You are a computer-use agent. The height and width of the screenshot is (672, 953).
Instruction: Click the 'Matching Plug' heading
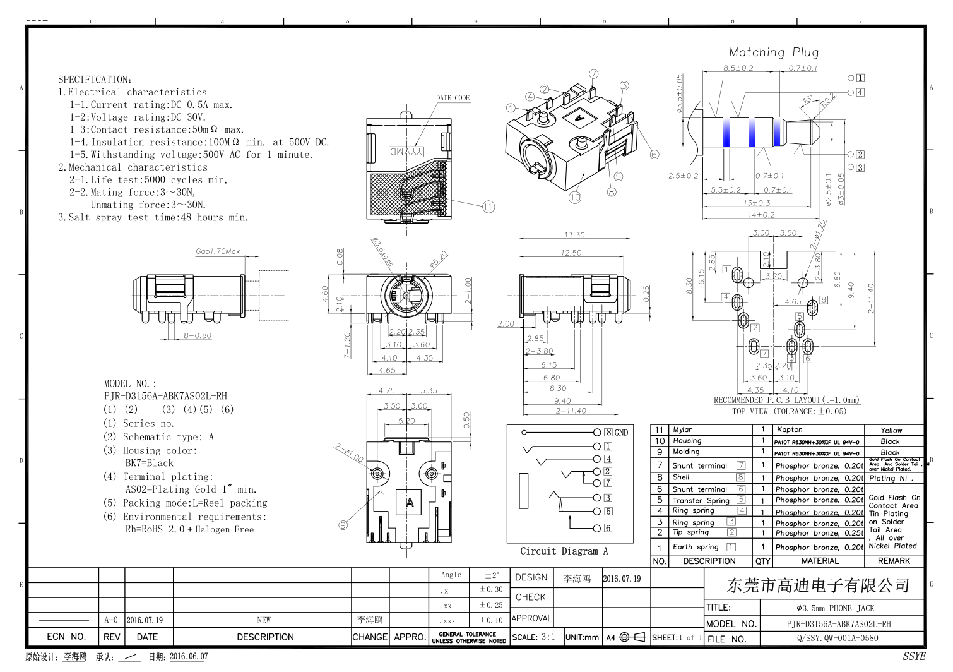773,52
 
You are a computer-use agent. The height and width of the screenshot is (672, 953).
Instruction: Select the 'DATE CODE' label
453,98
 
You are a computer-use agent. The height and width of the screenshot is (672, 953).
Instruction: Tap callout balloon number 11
488,207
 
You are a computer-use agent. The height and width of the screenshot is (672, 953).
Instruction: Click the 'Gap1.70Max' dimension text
218,251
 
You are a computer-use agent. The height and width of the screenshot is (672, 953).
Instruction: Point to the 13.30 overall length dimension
574,235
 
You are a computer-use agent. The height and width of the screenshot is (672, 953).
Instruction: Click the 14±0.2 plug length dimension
761,215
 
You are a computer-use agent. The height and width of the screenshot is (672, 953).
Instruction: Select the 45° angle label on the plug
807,100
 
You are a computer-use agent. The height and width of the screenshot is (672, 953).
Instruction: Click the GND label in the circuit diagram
621,433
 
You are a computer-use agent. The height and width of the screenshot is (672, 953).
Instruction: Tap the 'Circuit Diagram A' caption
564,551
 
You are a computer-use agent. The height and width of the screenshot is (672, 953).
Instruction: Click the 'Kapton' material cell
790,429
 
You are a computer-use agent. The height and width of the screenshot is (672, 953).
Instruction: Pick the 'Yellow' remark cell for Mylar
891,430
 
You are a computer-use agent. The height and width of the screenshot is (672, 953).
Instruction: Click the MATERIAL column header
820,561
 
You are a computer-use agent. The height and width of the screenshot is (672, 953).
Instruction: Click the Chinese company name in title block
818,585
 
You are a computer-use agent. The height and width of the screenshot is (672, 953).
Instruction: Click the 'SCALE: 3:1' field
533,637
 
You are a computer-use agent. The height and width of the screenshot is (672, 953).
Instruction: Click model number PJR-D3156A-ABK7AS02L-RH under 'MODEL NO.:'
165,396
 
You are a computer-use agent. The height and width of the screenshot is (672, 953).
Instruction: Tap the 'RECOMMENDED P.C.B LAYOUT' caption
786,400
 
